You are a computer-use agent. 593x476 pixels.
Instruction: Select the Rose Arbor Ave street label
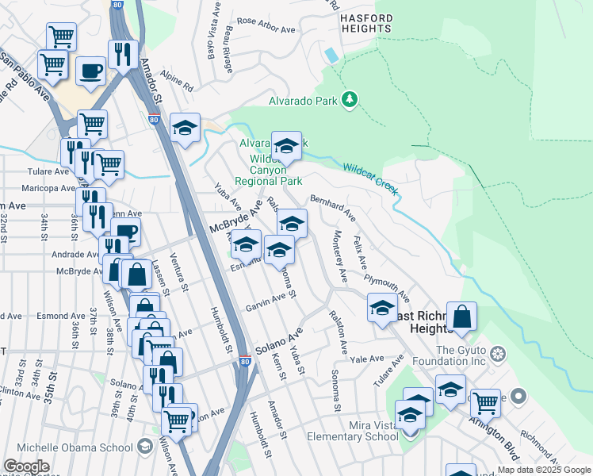click(266, 21)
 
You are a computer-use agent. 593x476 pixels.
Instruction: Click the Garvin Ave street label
click(265, 302)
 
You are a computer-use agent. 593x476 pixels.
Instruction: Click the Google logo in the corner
click(27, 466)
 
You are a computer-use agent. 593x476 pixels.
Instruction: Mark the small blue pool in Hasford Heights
click(330, 56)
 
